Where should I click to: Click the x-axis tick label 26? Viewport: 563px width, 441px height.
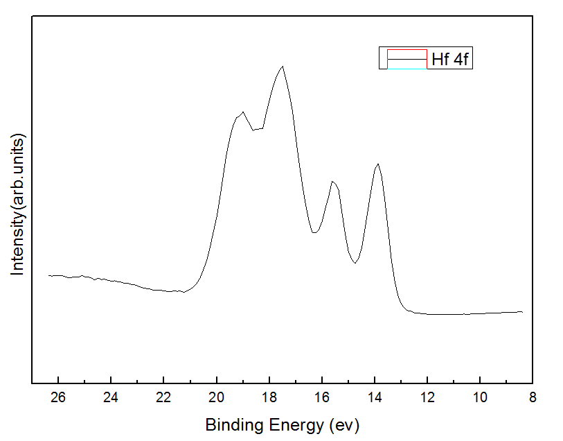(x=58, y=398)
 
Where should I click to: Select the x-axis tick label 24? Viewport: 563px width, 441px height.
(x=111, y=398)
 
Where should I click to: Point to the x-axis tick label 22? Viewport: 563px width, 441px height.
(x=163, y=398)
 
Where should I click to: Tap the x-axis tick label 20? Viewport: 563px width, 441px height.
(x=217, y=398)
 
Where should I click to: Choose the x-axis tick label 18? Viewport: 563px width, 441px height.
(x=269, y=398)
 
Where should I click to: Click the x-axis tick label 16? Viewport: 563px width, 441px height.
(x=322, y=398)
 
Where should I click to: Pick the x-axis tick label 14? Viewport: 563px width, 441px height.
(x=375, y=398)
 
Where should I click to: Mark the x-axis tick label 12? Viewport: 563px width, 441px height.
(x=427, y=398)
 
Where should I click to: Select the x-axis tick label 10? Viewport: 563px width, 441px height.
(x=480, y=398)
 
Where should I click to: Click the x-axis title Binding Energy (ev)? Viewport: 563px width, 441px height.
(x=282, y=424)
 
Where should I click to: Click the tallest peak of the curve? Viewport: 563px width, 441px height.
(x=283, y=67)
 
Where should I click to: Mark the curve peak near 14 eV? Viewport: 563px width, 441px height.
(x=377, y=164)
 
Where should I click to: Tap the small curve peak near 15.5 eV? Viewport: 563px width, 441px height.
(x=333, y=182)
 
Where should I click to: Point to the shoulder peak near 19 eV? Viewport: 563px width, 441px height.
(x=242, y=112)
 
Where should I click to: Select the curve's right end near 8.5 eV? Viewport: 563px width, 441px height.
(x=522, y=312)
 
